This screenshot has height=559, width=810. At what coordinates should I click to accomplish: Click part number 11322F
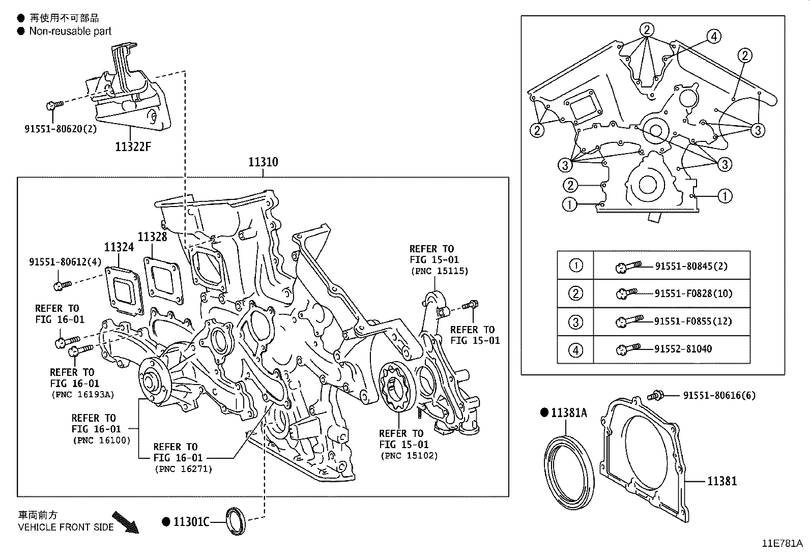click(133, 147)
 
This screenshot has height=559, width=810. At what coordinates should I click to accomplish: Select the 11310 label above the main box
click(263, 162)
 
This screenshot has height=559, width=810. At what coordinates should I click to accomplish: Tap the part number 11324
click(119, 247)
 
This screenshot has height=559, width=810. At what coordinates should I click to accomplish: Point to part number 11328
click(152, 237)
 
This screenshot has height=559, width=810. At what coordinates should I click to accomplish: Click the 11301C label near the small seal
click(191, 521)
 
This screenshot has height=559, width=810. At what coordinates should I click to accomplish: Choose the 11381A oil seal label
click(568, 413)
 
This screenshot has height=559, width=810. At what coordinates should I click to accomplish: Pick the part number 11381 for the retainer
click(721, 480)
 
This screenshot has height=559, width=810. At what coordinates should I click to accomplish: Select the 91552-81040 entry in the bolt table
click(683, 349)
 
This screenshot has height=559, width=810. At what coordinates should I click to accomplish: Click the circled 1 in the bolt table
click(575, 265)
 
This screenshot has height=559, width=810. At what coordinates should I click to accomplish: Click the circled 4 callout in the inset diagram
click(713, 36)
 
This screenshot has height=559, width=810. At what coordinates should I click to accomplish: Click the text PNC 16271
click(183, 469)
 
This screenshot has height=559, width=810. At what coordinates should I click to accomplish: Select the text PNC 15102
click(409, 456)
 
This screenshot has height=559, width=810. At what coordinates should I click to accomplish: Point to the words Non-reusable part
click(70, 31)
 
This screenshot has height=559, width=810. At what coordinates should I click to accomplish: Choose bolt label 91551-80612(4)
click(66, 261)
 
